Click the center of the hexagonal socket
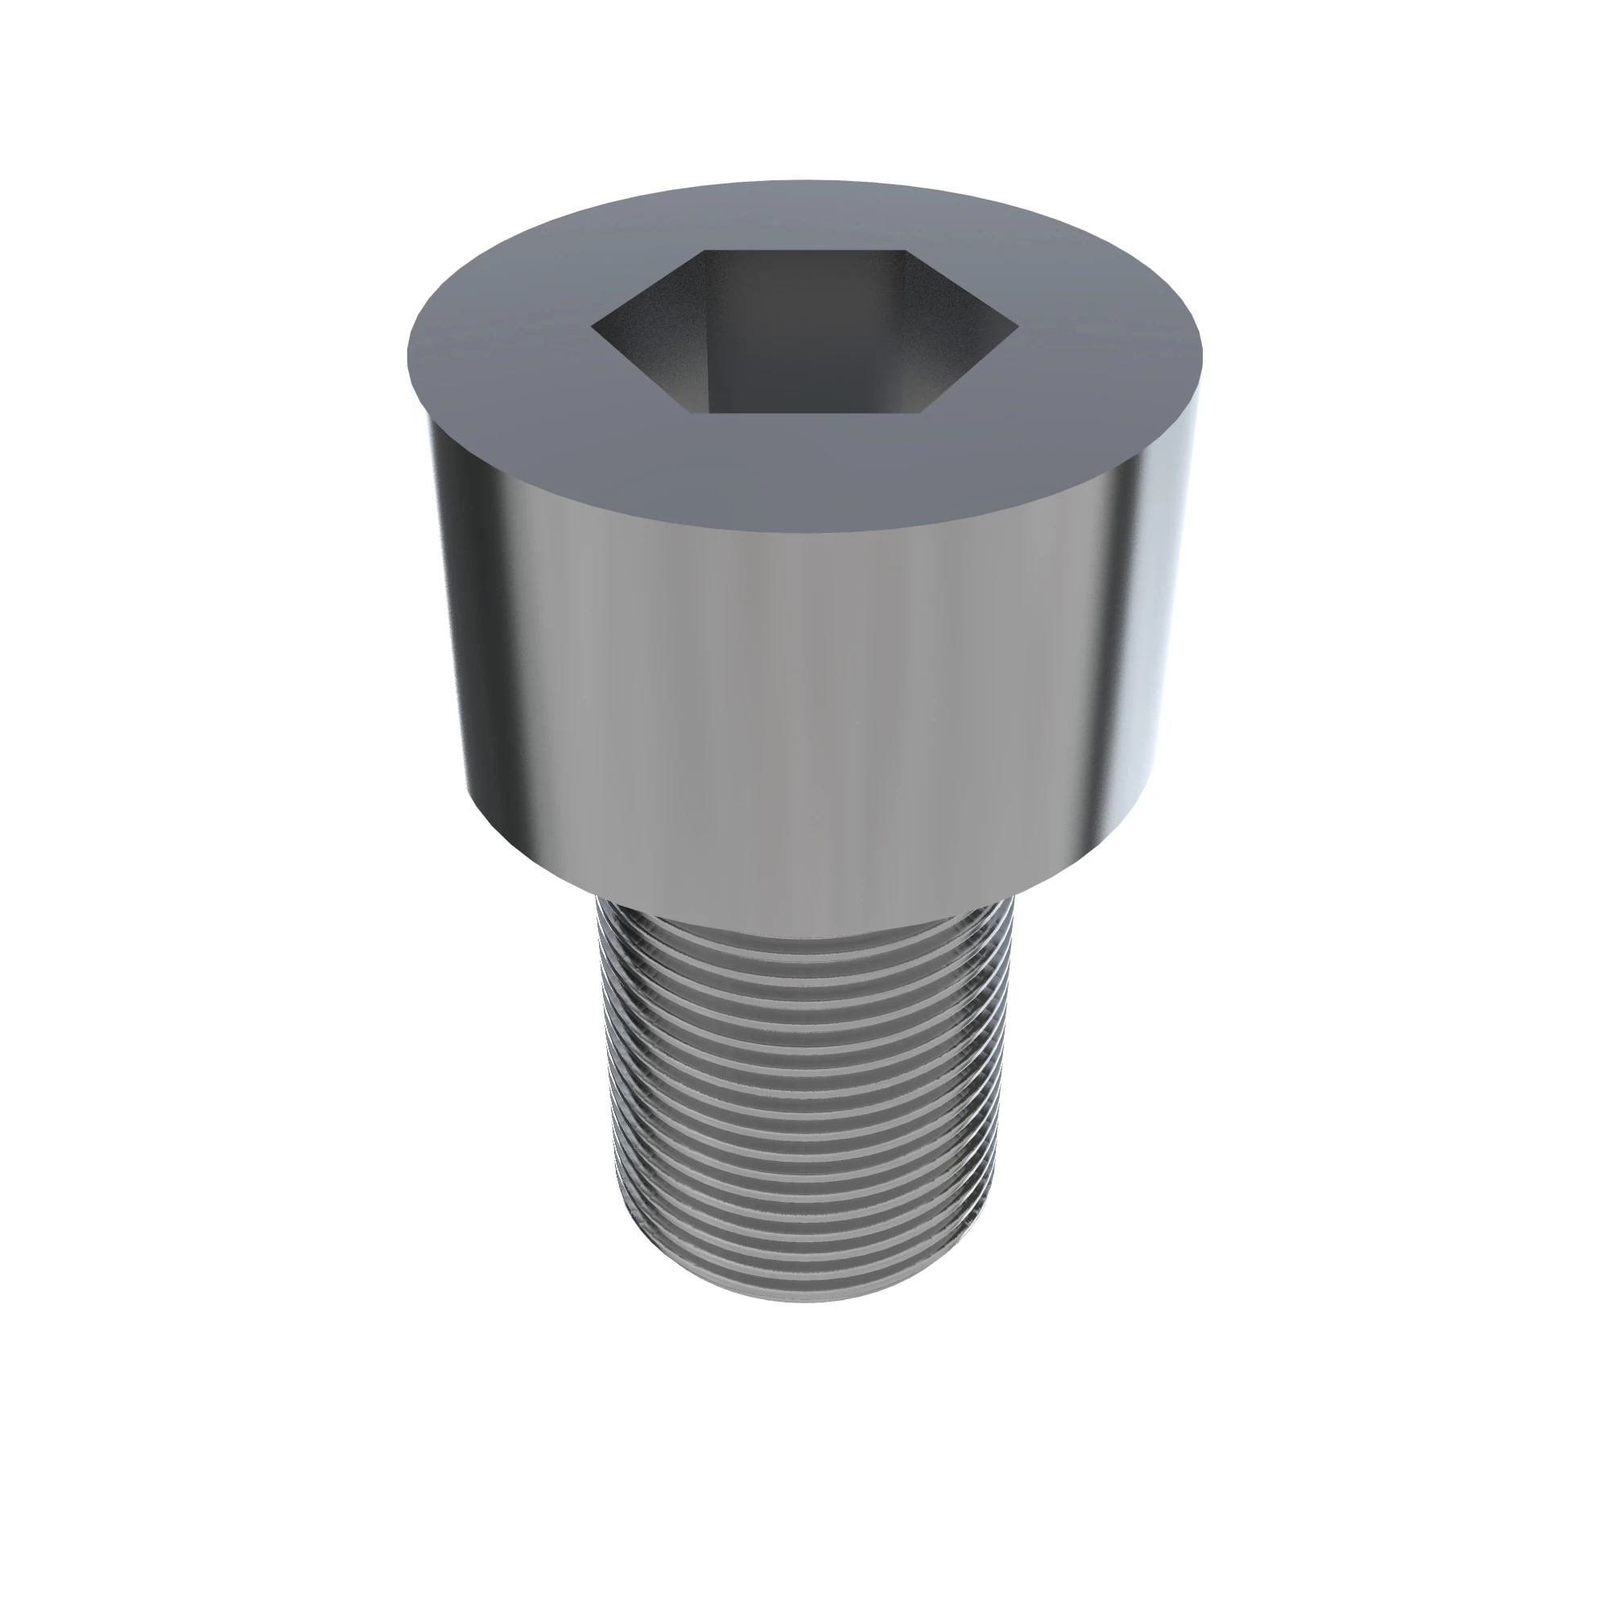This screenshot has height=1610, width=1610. pyautogui.click(x=805, y=332)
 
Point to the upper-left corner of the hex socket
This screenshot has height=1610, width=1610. pyautogui.click(x=705, y=250)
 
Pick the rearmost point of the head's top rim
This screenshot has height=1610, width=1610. pyautogui.click(x=805, y=180)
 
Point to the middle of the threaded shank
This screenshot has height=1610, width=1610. pyautogui.click(x=805, y=1100)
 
